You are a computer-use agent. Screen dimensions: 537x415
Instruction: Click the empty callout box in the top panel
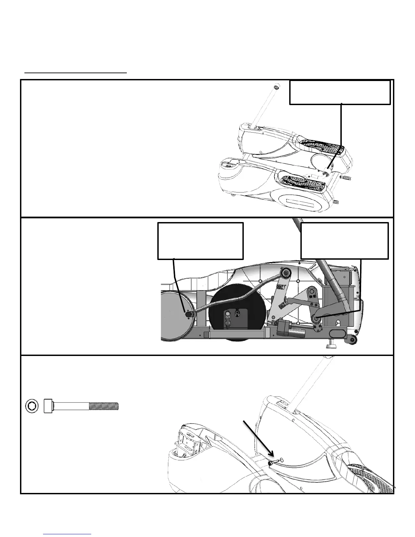pyautogui.click(x=340, y=92)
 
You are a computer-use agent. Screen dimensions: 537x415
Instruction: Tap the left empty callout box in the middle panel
pyautogui.click(x=200, y=241)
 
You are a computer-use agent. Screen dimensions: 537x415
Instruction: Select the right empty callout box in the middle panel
pyautogui.click(x=344, y=241)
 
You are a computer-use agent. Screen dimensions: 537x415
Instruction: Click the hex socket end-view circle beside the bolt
pyautogui.click(x=32, y=406)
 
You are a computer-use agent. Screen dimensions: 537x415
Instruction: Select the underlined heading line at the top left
pyautogui.click(x=76, y=72)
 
